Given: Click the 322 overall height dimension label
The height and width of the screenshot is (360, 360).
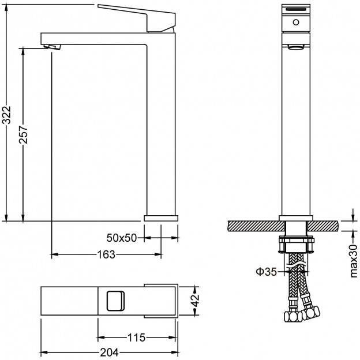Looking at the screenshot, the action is [6, 115].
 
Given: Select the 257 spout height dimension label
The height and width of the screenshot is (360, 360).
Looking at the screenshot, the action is [23, 134].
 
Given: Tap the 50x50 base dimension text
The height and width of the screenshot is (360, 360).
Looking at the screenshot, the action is [122, 238].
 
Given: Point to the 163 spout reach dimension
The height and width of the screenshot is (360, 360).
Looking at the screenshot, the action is [106, 254].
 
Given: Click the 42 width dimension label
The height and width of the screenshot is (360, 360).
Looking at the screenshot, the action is [196, 301].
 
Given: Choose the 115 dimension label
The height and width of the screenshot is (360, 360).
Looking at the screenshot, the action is [136, 337].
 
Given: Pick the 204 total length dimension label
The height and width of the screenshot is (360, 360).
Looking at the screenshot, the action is [109, 352].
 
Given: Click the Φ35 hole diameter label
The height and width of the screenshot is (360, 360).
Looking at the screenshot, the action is [267, 272].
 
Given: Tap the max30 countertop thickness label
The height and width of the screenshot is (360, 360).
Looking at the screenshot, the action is [354, 261].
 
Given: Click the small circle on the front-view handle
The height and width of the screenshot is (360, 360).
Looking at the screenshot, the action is [296, 22].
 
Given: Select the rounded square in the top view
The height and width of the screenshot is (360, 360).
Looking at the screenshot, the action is [115, 301].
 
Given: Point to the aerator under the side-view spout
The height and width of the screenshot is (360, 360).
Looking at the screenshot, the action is [52, 47].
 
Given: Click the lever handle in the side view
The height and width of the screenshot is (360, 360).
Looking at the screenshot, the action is [137, 18].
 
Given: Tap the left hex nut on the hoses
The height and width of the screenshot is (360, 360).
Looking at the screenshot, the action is [293, 317].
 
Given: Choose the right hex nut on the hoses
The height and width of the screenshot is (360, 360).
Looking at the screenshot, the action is [310, 313].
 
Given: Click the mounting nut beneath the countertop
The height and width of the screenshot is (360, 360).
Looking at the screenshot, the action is [296, 245].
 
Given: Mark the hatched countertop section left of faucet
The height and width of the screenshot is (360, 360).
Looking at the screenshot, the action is [256, 226].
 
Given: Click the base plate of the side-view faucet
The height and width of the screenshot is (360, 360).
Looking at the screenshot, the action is [161, 218].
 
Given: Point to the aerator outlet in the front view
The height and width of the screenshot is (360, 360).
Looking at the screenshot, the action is [296, 47].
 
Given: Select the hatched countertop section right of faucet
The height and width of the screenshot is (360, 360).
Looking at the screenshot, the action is [323, 226].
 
